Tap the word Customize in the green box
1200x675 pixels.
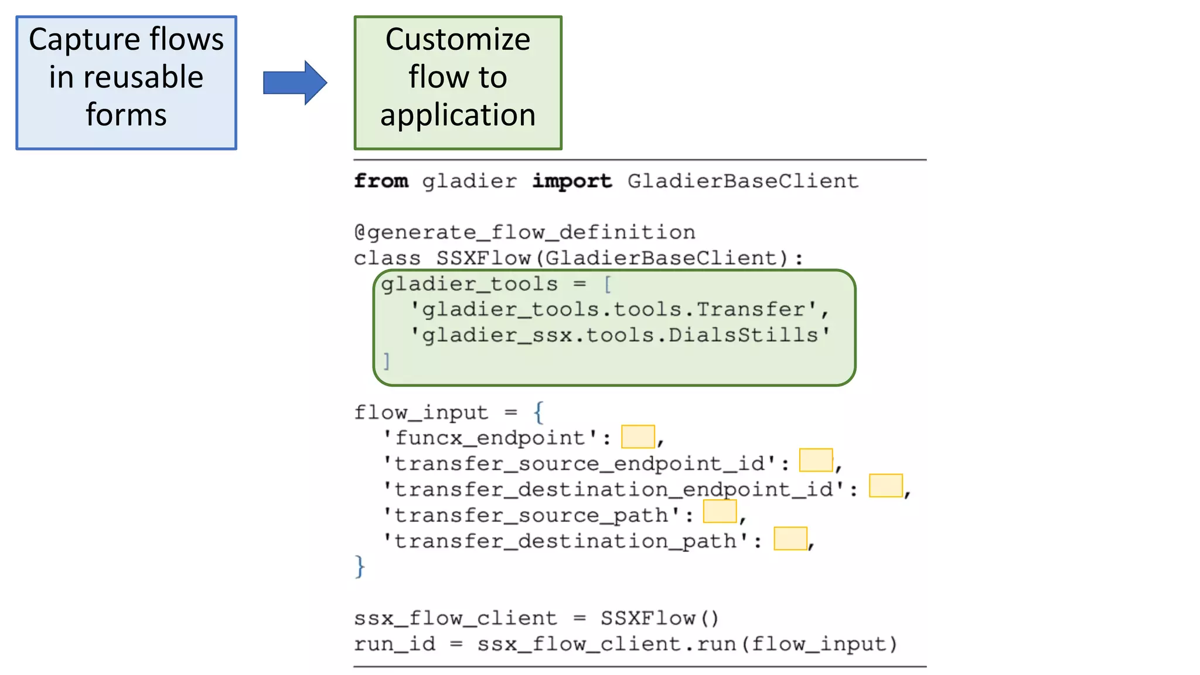[458, 40]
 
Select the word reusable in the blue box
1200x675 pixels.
[143, 77]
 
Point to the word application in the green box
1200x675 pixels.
[458, 115]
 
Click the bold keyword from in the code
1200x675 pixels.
[381, 181]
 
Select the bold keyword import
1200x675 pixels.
[572, 181]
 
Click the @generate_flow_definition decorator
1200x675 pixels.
[524, 233]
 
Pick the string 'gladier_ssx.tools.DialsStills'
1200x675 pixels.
[620, 335]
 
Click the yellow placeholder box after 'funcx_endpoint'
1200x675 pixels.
[637, 437]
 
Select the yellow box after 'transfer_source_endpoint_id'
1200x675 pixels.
[816, 460]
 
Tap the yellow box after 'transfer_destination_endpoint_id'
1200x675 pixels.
[885, 486]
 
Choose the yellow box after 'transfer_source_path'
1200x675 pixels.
[720, 512]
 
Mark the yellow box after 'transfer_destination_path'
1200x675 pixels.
[790, 538]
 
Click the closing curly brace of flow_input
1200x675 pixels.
[360, 567]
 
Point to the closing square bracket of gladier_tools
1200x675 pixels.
[386, 361]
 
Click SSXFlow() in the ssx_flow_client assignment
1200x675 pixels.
[659, 618]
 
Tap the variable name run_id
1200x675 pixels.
[394, 644]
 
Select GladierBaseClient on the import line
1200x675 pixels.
[742, 181]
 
